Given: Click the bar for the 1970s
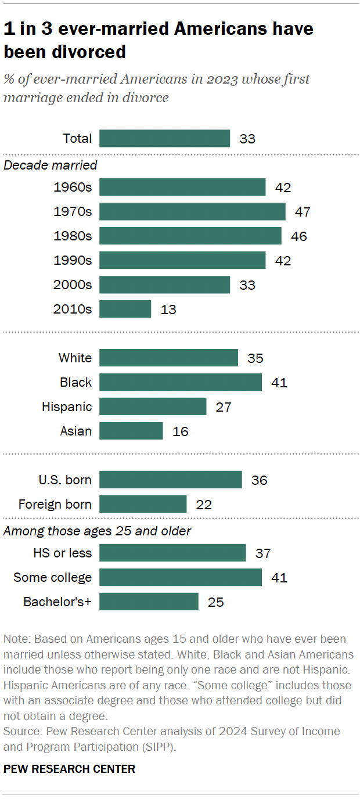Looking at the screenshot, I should pyautogui.click(x=192, y=211).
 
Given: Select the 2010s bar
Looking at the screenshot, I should pyautogui.click(x=125, y=309).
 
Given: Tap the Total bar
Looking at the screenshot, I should pyautogui.click(x=164, y=138).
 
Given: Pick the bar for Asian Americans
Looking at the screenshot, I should pyautogui.click(x=131, y=431).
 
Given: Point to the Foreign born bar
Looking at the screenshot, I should pyautogui.click(x=143, y=504).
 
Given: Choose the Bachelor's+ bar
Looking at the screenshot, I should pyautogui.click(x=149, y=602).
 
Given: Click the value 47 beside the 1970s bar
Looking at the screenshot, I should pyautogui.click(x=303, y=212).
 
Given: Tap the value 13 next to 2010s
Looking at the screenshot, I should pyautogui.click(x=168, y=309).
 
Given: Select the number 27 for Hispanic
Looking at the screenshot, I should pyautogui.click(x=223, y=407).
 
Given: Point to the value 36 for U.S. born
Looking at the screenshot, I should pyautogui.click(x=259, y=480).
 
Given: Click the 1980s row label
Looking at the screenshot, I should pyautogui.click(x=73, y=236).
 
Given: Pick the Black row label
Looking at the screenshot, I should pyautogui.click(x=75, y=382).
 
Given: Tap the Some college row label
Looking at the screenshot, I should pyautogui.click(x=53, y=577).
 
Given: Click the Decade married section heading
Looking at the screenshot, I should pyautogui.click(x=51, y=165).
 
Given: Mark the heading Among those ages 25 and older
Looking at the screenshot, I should pyautogui.click(x=98, y=531).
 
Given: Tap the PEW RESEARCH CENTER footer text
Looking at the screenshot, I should pyautogui.click(x=69, y=769).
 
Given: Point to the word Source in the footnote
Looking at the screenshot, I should pyautogui.click(x=19, y=730).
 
